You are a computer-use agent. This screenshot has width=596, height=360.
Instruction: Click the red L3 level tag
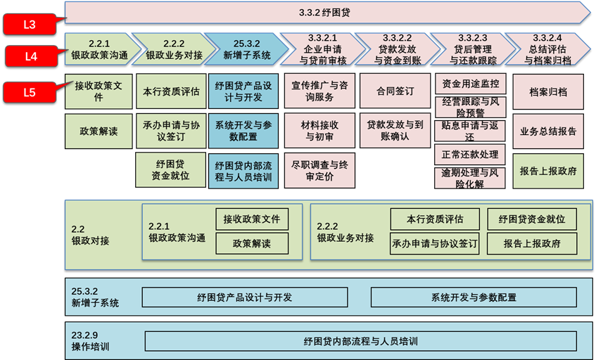(x=30, y=25)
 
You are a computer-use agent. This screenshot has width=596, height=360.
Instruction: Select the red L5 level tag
(x=30, y=92)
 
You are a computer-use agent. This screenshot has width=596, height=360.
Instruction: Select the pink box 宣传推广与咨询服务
(x=319, y=91)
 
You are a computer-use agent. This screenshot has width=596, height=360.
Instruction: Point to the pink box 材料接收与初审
(x=319, y=131)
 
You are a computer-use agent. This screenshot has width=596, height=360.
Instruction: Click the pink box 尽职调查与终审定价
(x=319, y=171)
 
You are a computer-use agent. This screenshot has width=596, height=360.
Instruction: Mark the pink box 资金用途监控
(x=470, y=84)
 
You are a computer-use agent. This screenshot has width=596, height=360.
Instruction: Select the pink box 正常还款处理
(x=470, y=154)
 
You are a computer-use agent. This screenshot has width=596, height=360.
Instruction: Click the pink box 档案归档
(x=548, y=92)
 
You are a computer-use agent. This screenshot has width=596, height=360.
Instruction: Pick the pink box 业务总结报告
(x=548, y=131)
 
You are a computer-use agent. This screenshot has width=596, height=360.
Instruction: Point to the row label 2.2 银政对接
(x=90, y=235)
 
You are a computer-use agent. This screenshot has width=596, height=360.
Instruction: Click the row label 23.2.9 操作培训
(x=90, y=341)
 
